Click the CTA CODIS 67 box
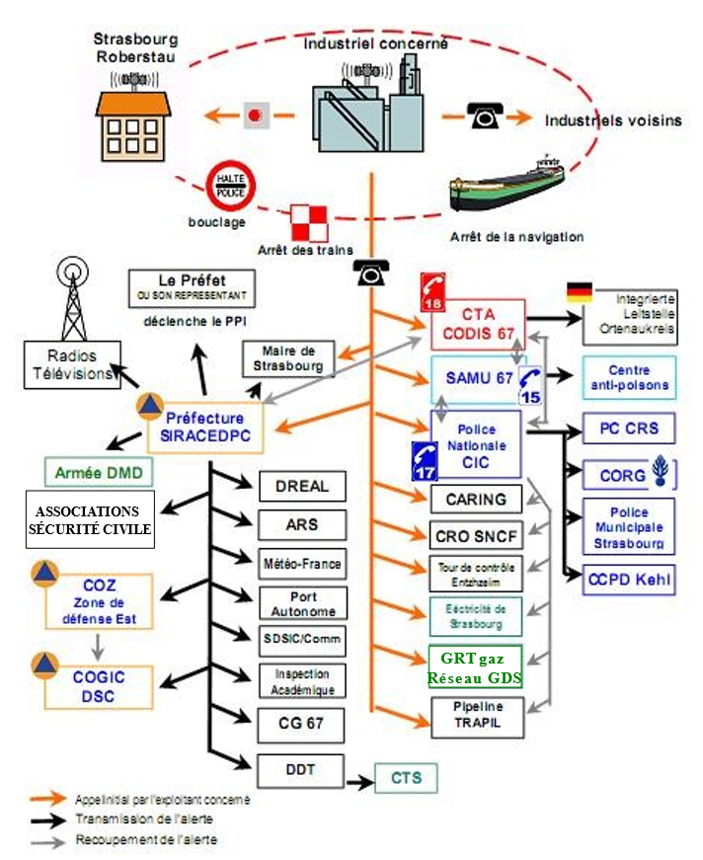[477, 324]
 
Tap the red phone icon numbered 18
[432, 291]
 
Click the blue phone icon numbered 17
[424, 461]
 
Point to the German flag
[579, 293]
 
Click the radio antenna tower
[74, 295]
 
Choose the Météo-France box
[302, 564]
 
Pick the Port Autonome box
[302, 603]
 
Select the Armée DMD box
[98, 472]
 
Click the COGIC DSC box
[98, 687]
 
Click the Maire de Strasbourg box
[286, 358]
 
